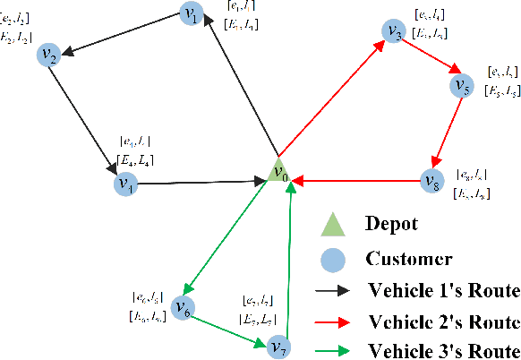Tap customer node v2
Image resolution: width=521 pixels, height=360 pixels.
click(x=48, y=56)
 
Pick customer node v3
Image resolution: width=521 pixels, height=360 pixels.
click(x=393, y=32)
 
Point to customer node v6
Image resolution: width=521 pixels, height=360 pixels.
click(x=183, y=308)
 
